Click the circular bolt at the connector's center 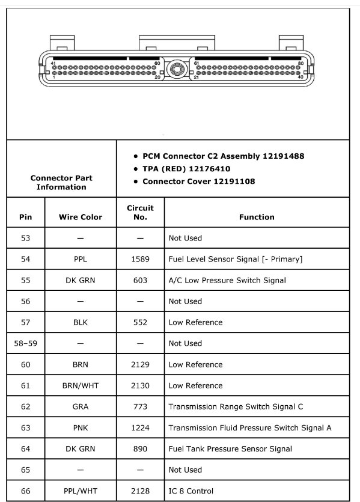coord(175,69)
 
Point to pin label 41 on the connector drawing coord(54,63)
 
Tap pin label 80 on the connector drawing coord(301,63)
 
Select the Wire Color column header coord(81,217)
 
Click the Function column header coord(256,217)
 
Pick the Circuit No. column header coord(140,212)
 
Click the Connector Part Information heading coord(61,183)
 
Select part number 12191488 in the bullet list coord(283,156)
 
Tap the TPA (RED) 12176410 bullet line coord(186,169)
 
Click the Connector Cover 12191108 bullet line coord(198,182)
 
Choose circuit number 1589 coord(140,259)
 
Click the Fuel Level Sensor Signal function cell coord(235,259)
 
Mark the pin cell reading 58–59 coord(25,343)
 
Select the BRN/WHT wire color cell coord(81,385)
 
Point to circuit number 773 coord(140,406)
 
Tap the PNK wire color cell coord(81,427)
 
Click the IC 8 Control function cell coord(191,491)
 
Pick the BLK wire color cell coord(81,322)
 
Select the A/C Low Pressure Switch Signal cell coord(227,280)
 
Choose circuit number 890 coord(140,448)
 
